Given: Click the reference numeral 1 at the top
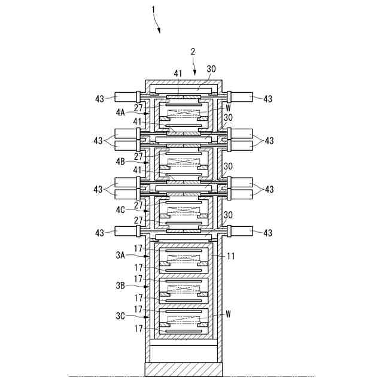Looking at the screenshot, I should click(x=153, y=10).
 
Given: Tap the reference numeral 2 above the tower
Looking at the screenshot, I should click(x=193, y=52).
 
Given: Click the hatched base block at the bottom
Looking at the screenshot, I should click(x=184, y=369).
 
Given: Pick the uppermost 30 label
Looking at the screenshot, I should click(x=211, y=69).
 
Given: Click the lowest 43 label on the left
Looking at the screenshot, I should click(x=100, y=232).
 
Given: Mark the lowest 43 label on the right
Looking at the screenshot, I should click(x=269, y=232).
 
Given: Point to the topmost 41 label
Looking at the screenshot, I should click(x=178, y=74).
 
